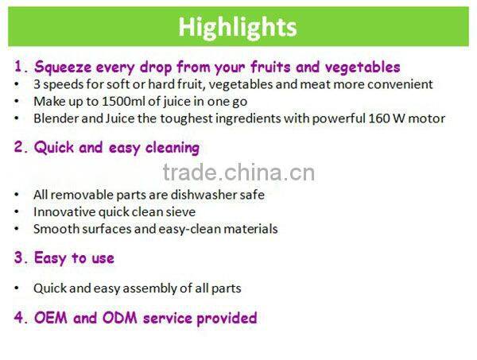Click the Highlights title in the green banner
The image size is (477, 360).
(x=238, y=27)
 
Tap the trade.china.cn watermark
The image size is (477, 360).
(x=238, y=172)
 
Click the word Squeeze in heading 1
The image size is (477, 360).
(x=63, y=67)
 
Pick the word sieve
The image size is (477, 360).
(x=179, y=211)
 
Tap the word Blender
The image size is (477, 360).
(x=55, y=118)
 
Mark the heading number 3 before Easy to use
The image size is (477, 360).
(x=18, y=258)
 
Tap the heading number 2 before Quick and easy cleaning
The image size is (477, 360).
(x=18, y=148)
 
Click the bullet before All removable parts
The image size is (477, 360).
(x=17, y=195)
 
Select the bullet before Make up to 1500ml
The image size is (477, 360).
(x=17, y=102)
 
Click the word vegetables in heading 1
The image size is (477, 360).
(x=364, y=67)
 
